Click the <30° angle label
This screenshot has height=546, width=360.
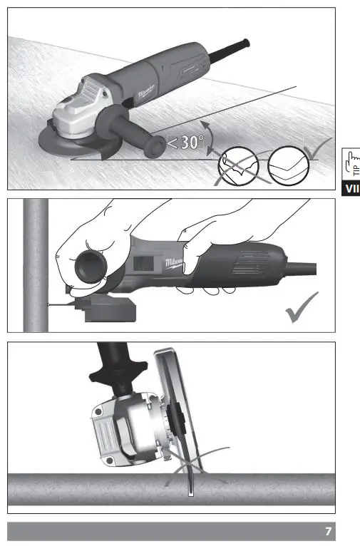coord(185,142)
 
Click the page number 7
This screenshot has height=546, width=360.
coord(327,532)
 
